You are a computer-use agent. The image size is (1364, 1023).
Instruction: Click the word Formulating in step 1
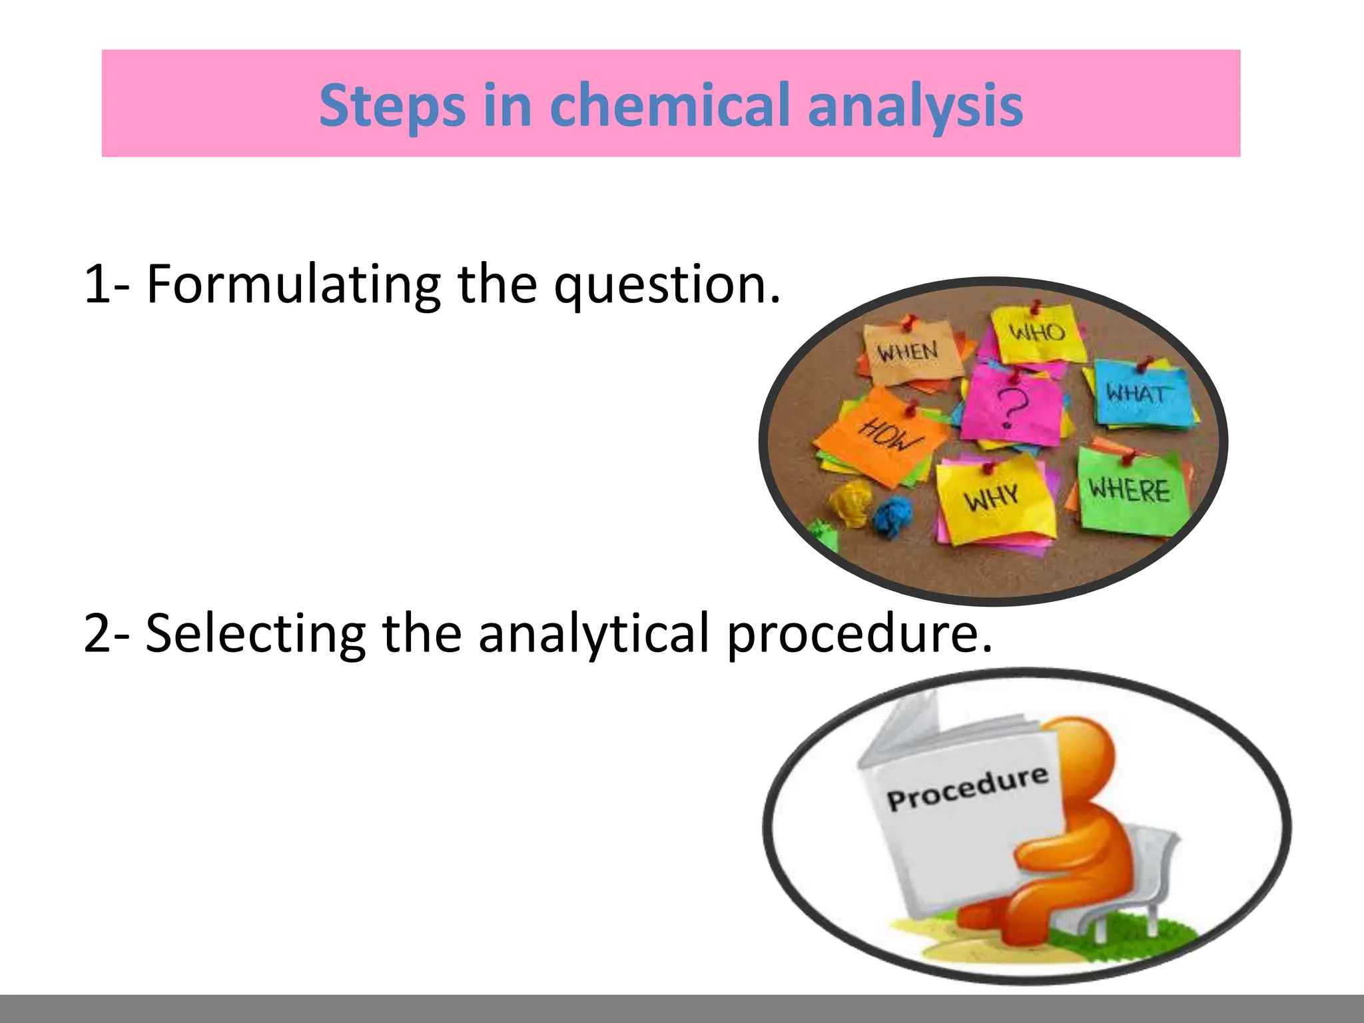point(293,284)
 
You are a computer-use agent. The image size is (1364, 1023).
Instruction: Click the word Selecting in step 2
point(255,633)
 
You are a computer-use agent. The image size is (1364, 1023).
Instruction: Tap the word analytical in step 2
point(593,635)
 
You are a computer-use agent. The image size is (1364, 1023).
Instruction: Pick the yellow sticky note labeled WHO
point(1036,333)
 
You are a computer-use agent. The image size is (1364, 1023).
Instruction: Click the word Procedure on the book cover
point(967,789)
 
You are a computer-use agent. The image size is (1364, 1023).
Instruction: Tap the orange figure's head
point(1082,753)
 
